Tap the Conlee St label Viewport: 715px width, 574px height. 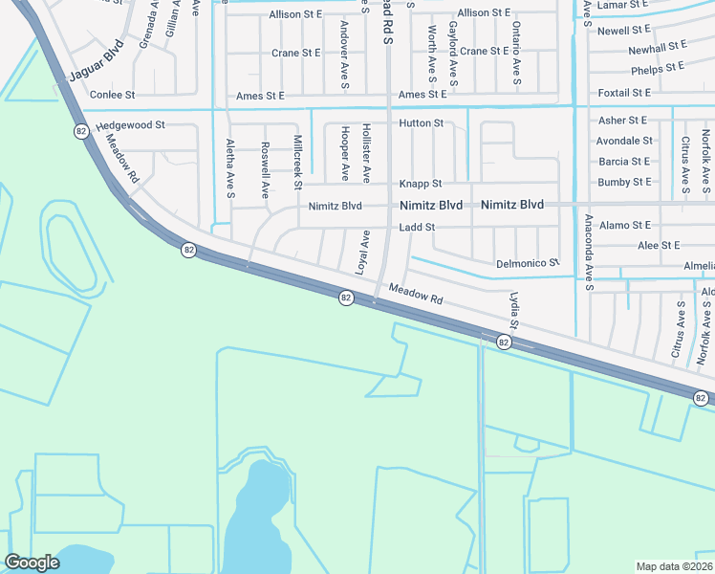[113, 96]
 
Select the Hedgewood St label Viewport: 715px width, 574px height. [131, 125]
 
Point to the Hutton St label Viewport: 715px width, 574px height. [421, 123]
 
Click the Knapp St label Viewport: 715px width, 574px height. [420, 184]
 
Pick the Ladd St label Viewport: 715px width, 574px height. [417, 228]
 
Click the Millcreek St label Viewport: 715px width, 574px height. [298, 161]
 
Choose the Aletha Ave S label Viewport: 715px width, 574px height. [230, 168]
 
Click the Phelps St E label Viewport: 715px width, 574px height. [658, 68]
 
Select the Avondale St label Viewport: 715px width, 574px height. [623, 141]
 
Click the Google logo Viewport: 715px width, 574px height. [32, 563]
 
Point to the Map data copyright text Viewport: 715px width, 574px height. [674, 566]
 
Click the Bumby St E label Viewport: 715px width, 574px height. [623, 182]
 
